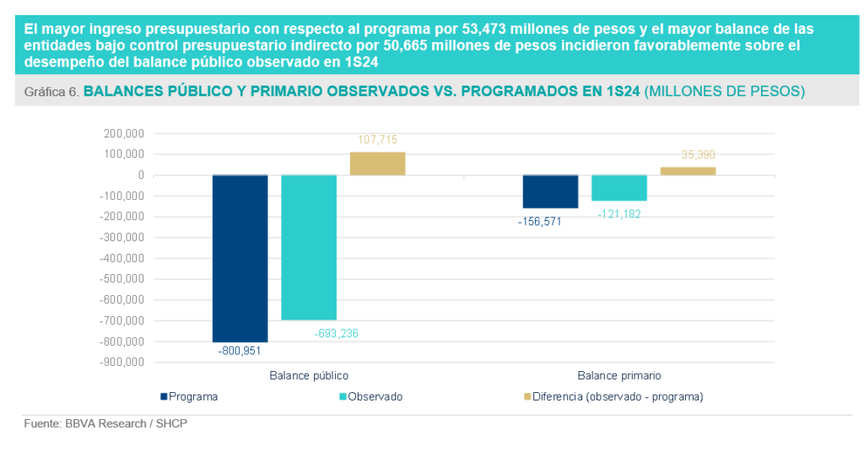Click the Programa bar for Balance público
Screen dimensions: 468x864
point(240,257)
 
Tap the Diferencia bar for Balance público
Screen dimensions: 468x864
point(377,164)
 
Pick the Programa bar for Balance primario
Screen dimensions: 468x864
point(550,191)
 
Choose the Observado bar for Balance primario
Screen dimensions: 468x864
point(619,188)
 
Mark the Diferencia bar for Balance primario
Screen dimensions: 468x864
point(688,171)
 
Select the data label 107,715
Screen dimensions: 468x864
point(377,140)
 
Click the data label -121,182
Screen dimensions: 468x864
point(620,215)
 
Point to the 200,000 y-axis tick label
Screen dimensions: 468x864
point(123,133)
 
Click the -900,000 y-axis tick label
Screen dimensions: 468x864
point(121,362)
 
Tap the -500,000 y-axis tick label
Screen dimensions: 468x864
point(121,278)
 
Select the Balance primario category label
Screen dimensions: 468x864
point(618,375)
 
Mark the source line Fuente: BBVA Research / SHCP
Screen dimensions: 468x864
point(105,424)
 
